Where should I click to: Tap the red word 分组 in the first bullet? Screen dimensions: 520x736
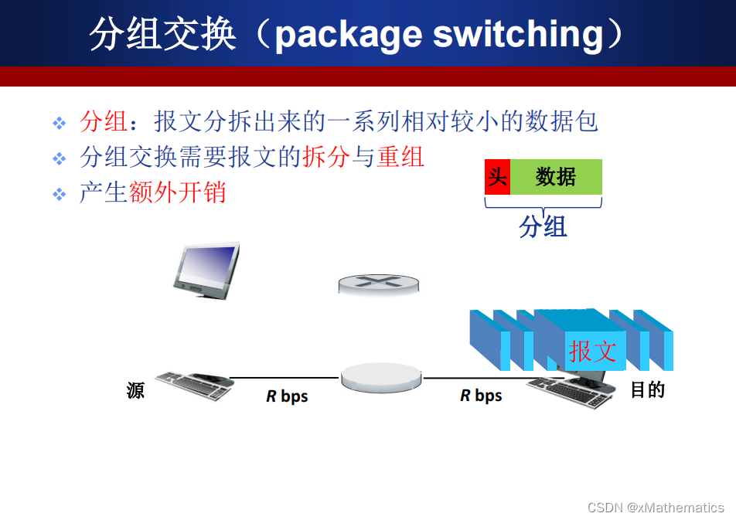[x=104, y=121]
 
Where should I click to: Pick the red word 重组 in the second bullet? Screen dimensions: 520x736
[x=400, y=157]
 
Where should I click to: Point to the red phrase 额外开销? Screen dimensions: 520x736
[x=178, y=192]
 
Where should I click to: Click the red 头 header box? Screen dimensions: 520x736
[x=497, y=177]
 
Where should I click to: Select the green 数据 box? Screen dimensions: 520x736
[x=556, y=177]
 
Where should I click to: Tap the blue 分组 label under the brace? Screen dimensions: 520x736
[x=543, y=226]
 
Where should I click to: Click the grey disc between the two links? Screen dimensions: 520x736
[x=382, y=376]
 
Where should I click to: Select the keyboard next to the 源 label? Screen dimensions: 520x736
[x=193, y=385]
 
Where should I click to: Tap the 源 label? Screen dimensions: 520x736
[x=136, y=391]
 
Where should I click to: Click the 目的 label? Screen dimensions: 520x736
[x=648, y=389]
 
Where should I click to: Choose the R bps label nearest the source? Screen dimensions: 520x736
[x=287, y=396]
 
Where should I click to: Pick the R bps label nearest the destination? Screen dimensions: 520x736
[x=481, y=396]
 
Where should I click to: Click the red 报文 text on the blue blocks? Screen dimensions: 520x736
[x=593, y=351]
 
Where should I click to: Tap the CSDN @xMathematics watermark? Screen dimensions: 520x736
[x=656, y=508]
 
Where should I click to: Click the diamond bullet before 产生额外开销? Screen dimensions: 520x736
[x=60, y=194]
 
